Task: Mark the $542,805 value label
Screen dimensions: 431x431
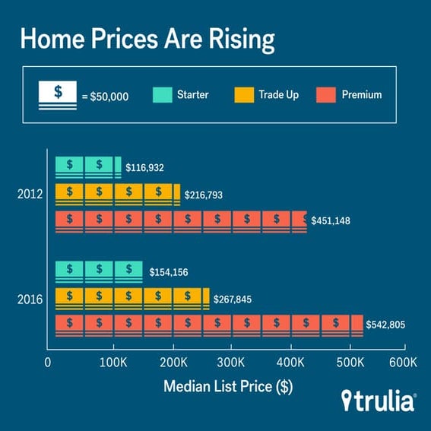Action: (386, 325)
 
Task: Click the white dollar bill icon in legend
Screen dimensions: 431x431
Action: (58, 96)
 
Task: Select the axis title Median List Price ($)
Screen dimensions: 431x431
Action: (228, 386)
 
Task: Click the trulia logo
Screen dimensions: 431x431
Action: (379, 401)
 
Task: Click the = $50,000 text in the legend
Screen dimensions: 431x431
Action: (108, 96)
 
